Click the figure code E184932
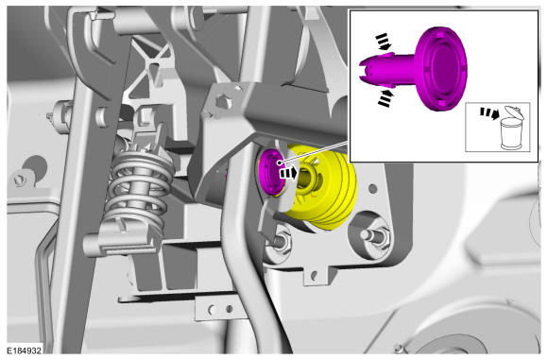25,351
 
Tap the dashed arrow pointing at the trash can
489,113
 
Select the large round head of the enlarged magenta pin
441,69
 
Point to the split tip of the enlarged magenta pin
365,71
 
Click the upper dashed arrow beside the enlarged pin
384,42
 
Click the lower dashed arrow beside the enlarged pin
385,98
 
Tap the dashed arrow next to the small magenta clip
289,173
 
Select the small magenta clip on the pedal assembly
272,171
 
